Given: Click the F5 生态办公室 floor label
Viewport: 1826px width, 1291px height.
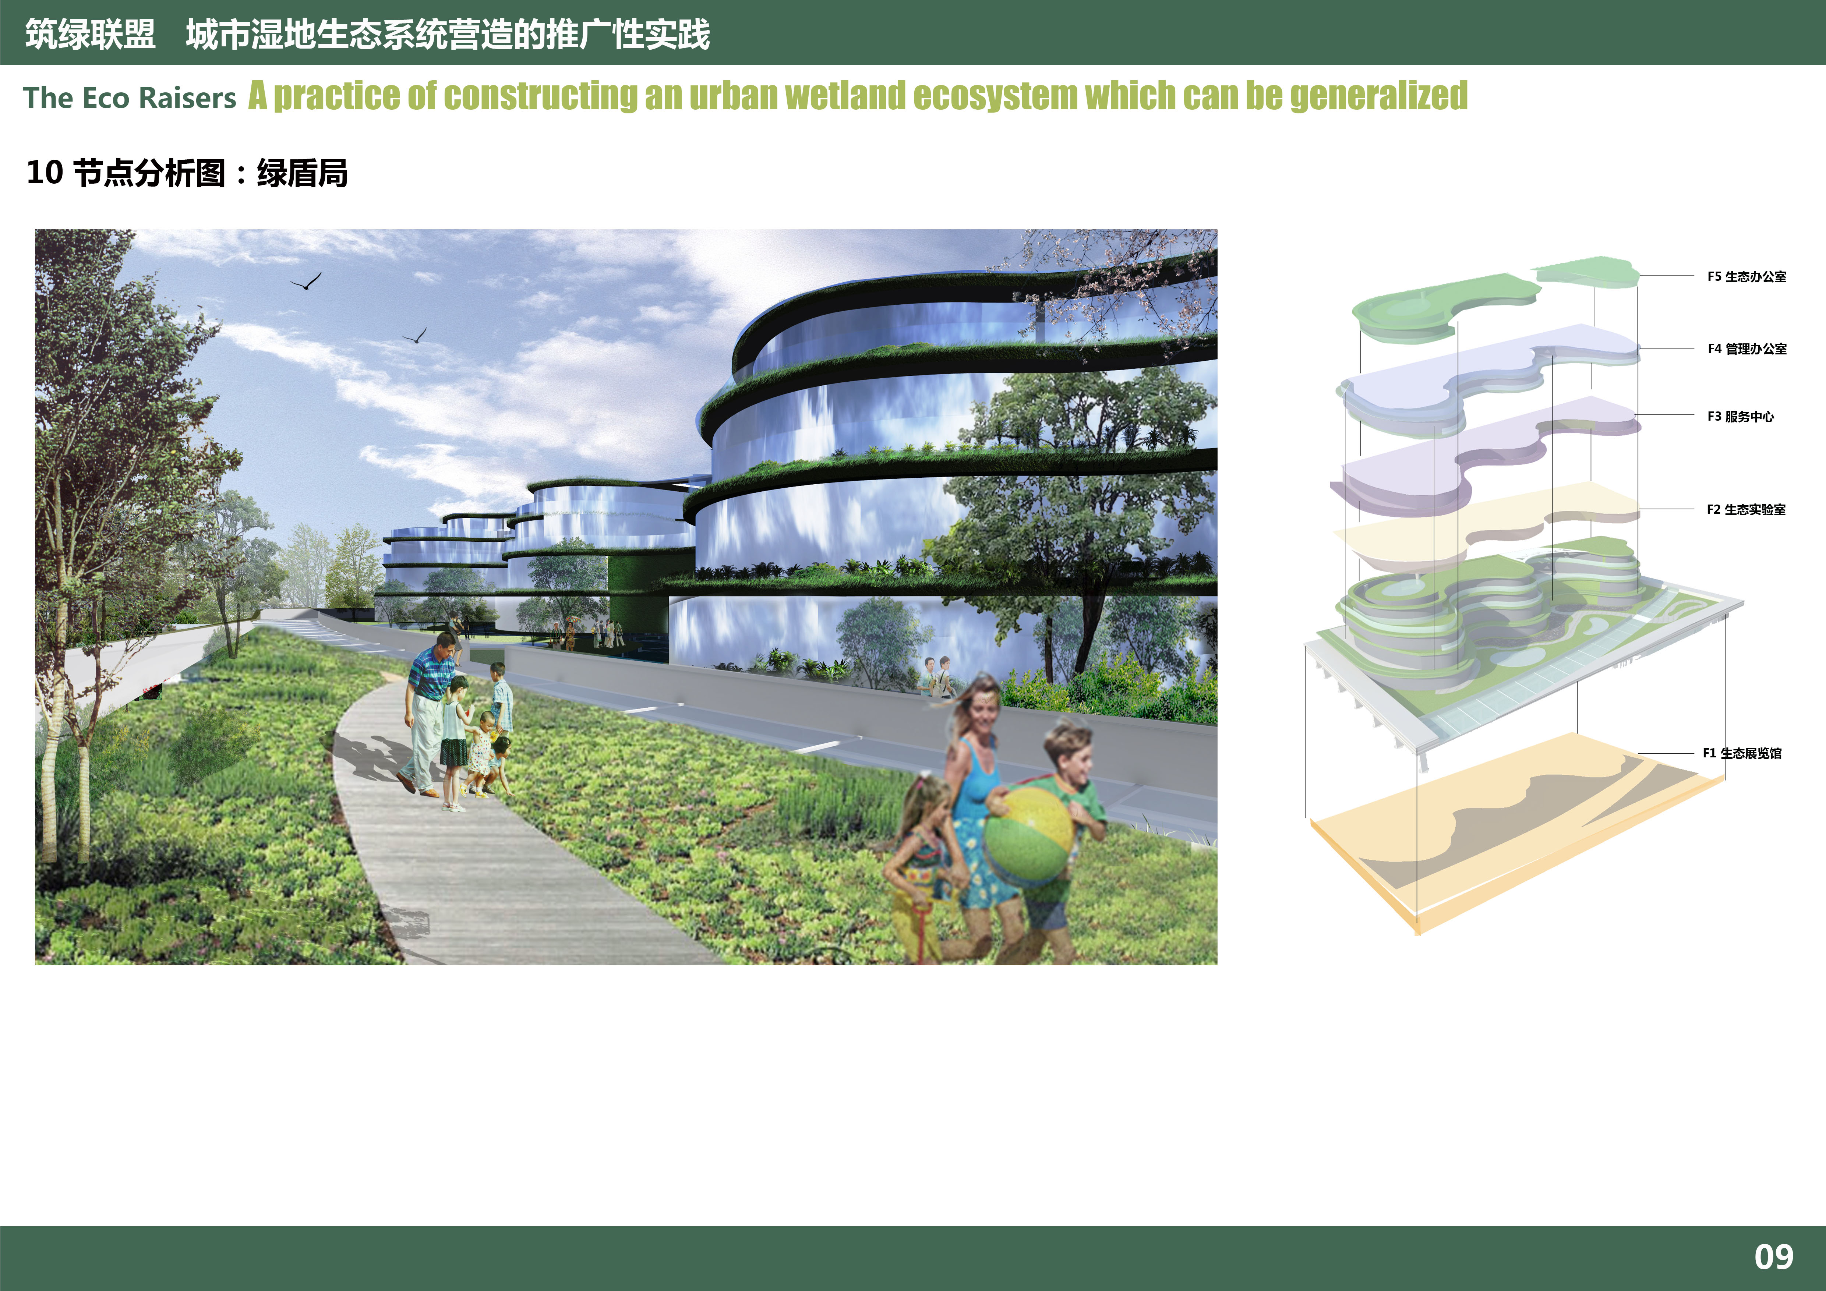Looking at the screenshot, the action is coord(1746,277).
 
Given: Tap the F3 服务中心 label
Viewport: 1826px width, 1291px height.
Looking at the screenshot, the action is coord(1740,417).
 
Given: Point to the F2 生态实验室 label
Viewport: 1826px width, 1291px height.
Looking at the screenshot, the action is coord(1746,510).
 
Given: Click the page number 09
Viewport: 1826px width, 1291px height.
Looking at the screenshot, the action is coord(1773,1257).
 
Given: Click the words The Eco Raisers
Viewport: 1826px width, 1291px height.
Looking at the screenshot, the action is coord(130,98).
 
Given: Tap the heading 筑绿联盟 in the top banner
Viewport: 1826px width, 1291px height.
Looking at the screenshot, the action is coord(90,34).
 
